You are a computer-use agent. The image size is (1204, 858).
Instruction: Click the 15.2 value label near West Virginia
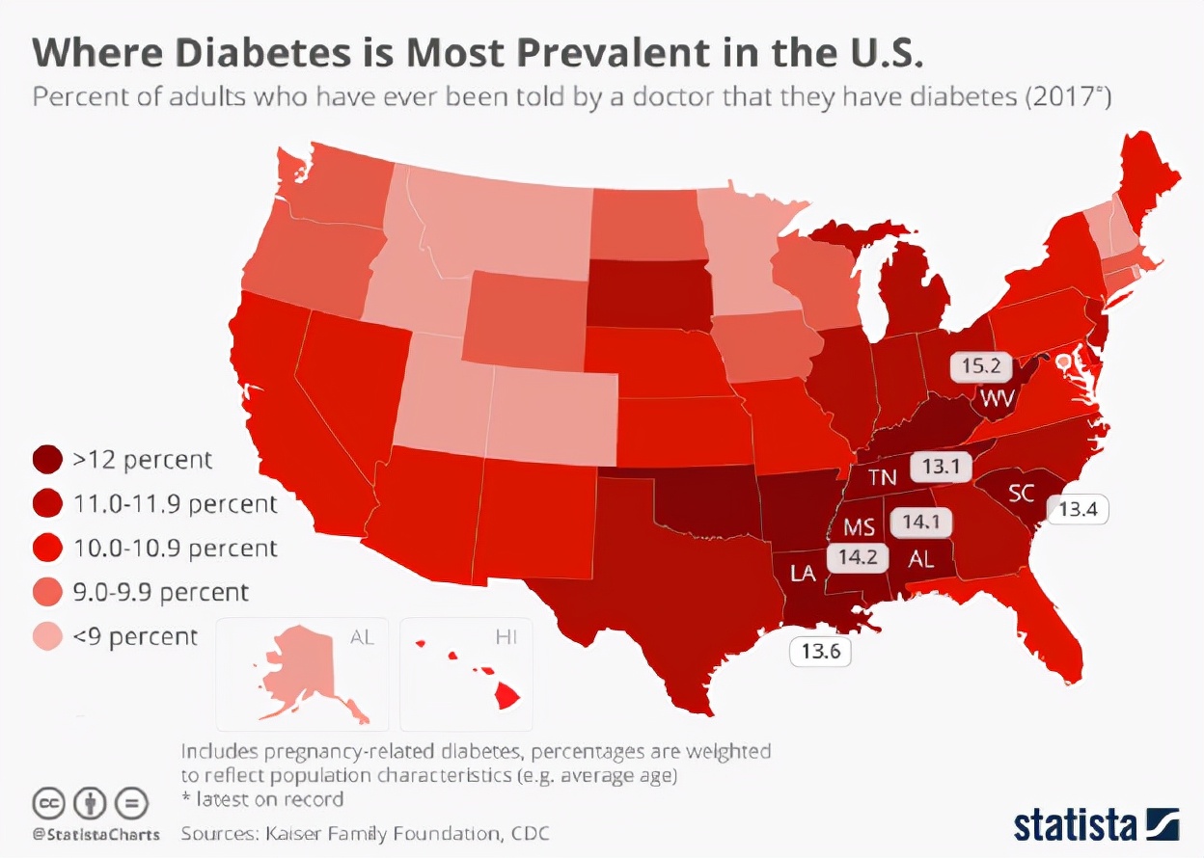click(980, 366)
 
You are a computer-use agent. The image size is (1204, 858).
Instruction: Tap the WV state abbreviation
click(999, 397)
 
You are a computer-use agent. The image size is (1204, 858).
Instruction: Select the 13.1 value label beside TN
click(939, 467)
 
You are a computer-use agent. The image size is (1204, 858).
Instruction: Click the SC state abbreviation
click(1022, 495)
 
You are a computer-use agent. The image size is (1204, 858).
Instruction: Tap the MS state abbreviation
click(859, 527)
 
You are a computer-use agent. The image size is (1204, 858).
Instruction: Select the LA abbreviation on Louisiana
click(803, 573)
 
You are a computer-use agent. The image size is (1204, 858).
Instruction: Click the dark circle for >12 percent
click(48, 460)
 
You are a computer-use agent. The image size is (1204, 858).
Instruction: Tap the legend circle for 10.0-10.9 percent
click(48, 549)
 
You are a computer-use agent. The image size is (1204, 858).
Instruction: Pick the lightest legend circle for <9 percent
click(48, 636)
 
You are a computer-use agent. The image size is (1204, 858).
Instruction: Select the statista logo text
click(1074, 825)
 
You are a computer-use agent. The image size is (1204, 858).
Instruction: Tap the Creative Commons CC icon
click(48, 802)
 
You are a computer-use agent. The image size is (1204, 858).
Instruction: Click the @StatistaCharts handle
click(96, 832)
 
